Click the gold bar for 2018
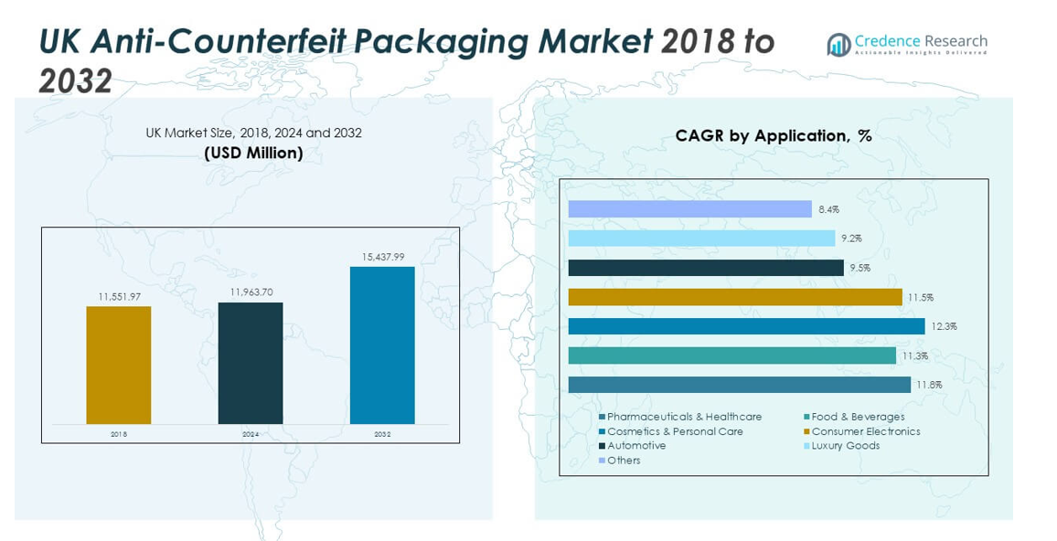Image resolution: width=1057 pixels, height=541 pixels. coord(119,365)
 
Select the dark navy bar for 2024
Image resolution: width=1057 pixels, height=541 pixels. coord(251,363)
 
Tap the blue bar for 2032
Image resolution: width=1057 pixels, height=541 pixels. coord(382,345)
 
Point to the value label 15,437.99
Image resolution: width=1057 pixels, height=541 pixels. coord(382,257)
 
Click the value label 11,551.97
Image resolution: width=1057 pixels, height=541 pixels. coord(119,297)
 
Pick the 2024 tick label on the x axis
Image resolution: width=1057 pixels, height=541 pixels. coord(251,434)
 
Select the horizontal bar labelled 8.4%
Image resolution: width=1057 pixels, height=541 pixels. coord(689,209)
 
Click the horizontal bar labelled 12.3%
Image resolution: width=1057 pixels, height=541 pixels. coord(746,326)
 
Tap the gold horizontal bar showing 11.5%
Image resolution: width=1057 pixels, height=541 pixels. coord(735,297)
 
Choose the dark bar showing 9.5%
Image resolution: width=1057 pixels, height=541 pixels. coord(706,268)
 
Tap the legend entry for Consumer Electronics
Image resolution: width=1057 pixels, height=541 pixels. coord(865,431)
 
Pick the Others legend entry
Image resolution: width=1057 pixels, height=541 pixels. coord(624,461)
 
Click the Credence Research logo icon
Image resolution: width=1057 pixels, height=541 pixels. coord(838,45)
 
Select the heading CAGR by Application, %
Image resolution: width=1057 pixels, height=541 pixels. coord(774,136)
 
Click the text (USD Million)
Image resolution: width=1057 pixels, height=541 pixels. coord(253,154)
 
